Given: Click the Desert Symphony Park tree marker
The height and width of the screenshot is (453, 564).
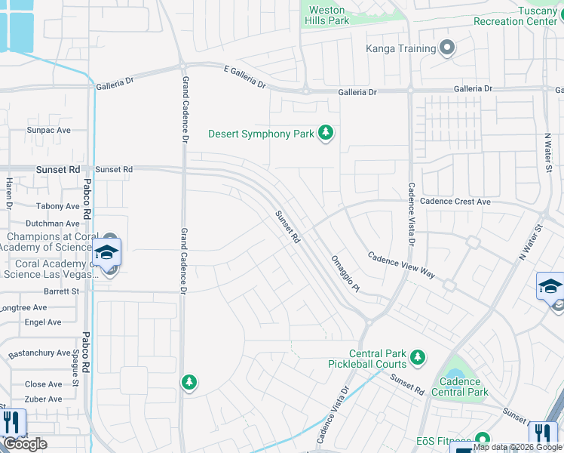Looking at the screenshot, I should pos(326,134).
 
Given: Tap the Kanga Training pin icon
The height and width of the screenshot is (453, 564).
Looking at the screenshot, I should pos(447,49).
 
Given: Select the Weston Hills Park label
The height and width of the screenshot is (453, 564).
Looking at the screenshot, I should pos(328,15).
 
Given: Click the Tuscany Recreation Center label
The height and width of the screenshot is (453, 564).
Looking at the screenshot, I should pos(515,16).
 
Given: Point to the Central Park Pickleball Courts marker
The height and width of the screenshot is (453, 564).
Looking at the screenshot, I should pos(417,356).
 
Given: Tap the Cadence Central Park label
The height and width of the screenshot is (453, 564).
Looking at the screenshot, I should pos(460,387).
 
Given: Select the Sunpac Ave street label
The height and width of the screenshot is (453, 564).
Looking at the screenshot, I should pos(48,131).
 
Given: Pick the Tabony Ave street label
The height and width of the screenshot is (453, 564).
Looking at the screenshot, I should pos(57,206).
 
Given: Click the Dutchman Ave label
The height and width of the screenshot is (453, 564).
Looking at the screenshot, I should pos(52,223).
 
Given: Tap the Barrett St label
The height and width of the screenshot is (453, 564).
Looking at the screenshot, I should pos(61,290).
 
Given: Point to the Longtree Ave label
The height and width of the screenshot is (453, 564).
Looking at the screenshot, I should pos(24,308).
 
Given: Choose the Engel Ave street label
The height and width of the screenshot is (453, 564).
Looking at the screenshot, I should pos(43,322).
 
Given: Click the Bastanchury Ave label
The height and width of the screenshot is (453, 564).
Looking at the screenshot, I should pos(39,353).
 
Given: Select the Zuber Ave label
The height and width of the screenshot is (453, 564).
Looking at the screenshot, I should pos(44,397).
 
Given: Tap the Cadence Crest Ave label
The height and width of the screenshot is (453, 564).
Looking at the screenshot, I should pos(455,202).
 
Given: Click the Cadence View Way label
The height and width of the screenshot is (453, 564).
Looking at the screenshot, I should pos(401,265).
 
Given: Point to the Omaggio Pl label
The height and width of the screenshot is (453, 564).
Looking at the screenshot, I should pos(346,274).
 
